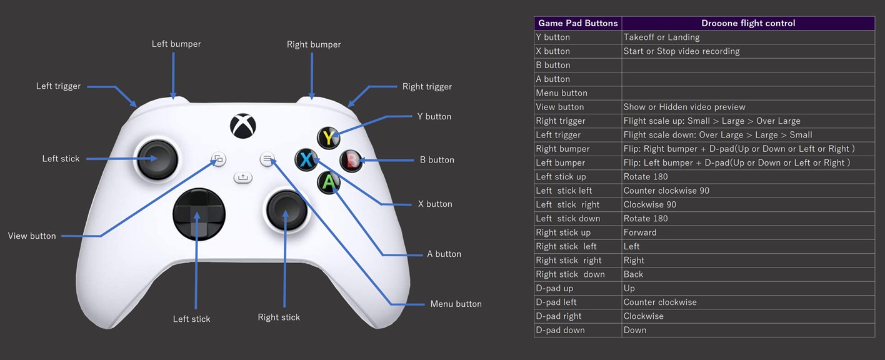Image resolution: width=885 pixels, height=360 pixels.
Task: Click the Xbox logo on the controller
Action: (242, 126)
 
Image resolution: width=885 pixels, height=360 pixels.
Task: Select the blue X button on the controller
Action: (306, 160)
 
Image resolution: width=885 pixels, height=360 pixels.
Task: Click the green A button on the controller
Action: (329, 182)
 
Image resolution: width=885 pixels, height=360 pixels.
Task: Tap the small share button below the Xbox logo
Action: (243, 177)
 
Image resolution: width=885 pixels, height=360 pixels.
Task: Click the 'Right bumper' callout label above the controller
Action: (314, 45)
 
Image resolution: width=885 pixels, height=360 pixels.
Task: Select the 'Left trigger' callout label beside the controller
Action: (58, 86)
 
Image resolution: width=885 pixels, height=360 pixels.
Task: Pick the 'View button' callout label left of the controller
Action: (32, 236)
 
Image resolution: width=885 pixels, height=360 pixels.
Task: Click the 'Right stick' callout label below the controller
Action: (279, 317)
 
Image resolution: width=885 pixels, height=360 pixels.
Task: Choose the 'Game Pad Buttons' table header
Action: (577, 23)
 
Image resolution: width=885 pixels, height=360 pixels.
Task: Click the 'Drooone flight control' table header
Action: (748, 23)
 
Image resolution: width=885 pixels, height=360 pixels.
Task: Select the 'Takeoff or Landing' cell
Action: (661, 37)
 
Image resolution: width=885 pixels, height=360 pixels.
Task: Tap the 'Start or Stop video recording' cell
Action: (681, 51)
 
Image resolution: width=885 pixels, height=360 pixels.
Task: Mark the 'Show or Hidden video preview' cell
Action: (684, 107)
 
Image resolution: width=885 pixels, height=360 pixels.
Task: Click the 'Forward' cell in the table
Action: (640, 232)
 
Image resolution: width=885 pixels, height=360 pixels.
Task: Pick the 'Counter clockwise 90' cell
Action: (666, 191)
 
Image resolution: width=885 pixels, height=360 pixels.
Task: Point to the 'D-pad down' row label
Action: (560, 330)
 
